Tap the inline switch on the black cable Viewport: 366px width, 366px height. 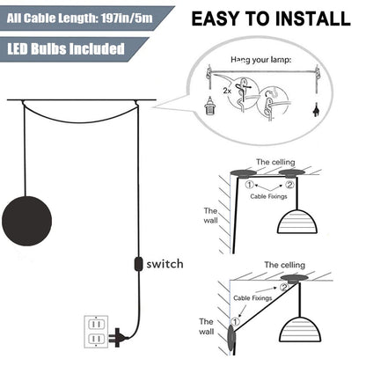click(135, 265)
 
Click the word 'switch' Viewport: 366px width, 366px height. click(165, 263)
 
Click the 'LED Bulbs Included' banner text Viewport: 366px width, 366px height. click(67, 48)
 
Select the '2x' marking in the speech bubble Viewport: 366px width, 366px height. click(226, 90)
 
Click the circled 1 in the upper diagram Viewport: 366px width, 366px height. click(249, 186)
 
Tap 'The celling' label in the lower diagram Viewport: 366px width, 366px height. click(284, 264)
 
